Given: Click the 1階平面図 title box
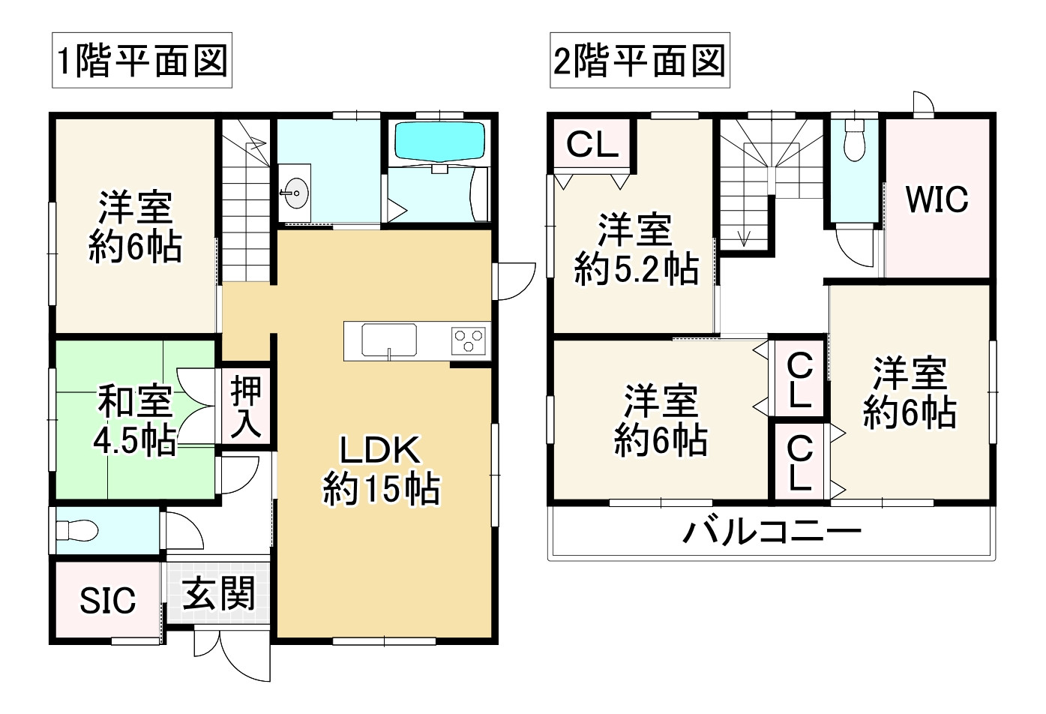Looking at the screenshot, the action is click(142, 60).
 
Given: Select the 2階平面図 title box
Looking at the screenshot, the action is click(640, 60).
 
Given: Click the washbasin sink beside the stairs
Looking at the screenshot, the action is click(295, 193).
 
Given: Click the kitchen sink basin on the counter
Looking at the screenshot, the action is click(389, 340).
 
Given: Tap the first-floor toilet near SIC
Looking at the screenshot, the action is click(77, 531).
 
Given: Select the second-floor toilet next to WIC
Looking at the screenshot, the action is click(855, 139).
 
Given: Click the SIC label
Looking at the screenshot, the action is click(108, 601).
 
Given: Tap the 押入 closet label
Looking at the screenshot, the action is click(246, 406).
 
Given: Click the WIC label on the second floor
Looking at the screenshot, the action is click(937, 199).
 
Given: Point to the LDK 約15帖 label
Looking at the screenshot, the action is click(381, 469).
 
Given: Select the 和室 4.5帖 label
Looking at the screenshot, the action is click(135, 420).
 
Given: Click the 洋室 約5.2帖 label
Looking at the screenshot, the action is click(636, 249).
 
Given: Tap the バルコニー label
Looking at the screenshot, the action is click(772, 532).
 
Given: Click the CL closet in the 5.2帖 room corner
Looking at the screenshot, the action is click(592, 144).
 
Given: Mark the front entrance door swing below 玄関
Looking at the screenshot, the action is click(232, 655).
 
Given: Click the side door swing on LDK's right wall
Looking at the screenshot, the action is click(514, 281).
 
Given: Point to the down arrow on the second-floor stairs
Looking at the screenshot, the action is click(743, 238).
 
